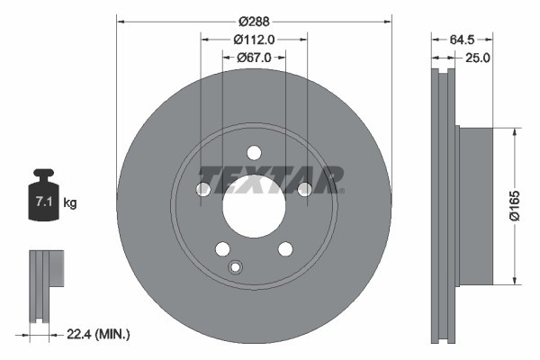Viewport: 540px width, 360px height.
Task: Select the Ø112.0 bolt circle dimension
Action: pos(253,39)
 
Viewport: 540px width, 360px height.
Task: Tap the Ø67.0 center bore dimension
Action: pos(254,58)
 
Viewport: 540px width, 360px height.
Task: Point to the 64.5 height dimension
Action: pos(460,39)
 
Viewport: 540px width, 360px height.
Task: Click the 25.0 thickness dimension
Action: pos(476,58)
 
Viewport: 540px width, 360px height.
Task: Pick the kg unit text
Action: pos(70,203)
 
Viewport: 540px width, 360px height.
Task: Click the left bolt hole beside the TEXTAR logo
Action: pos(203,188)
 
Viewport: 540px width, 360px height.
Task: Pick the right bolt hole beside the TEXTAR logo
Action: pos(304,188)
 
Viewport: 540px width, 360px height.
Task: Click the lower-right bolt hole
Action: pos(285,248)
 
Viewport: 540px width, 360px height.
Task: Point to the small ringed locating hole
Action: pos(236,266)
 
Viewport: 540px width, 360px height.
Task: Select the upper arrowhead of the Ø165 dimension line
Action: pos(514,132)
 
